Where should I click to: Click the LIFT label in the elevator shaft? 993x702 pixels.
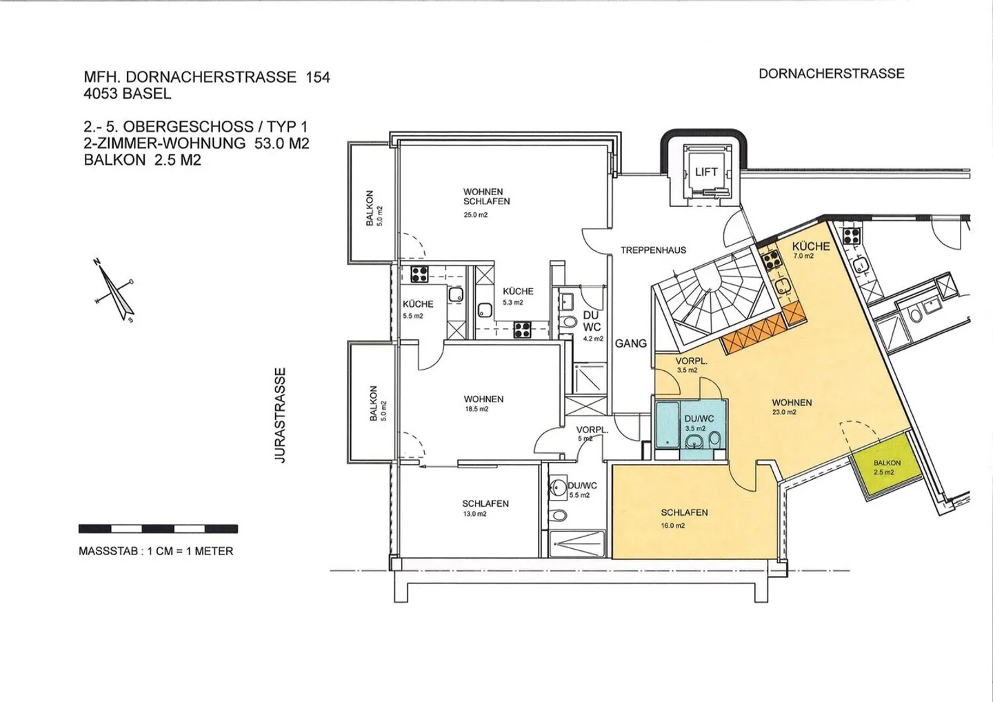click(706, 172)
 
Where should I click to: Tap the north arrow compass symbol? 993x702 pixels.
click(114, 290)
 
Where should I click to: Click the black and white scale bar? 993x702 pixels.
click(159, 529)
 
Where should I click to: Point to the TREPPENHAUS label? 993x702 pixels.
click(654, 250)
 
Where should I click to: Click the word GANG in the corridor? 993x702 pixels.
click(631, 343)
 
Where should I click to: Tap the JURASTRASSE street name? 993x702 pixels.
click(280, 415)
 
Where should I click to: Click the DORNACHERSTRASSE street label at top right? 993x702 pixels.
click(832, 74)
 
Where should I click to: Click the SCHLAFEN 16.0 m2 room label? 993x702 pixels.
click(685, 519)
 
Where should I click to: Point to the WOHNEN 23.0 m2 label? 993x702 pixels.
click(792, 407)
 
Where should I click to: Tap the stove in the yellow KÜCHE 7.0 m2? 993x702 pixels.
click(772, 260)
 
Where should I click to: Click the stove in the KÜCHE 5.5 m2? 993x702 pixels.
click(419, 274)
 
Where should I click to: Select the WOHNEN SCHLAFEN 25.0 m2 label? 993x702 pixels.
click(486, 203)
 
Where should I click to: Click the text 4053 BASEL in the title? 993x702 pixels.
click(128, 94)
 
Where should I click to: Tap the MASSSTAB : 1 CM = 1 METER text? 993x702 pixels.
click(156, 551)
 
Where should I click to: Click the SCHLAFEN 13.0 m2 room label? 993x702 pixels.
click(485, 508)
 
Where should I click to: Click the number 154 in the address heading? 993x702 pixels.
click(318, 77)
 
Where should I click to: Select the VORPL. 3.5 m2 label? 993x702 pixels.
click(691, 365)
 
